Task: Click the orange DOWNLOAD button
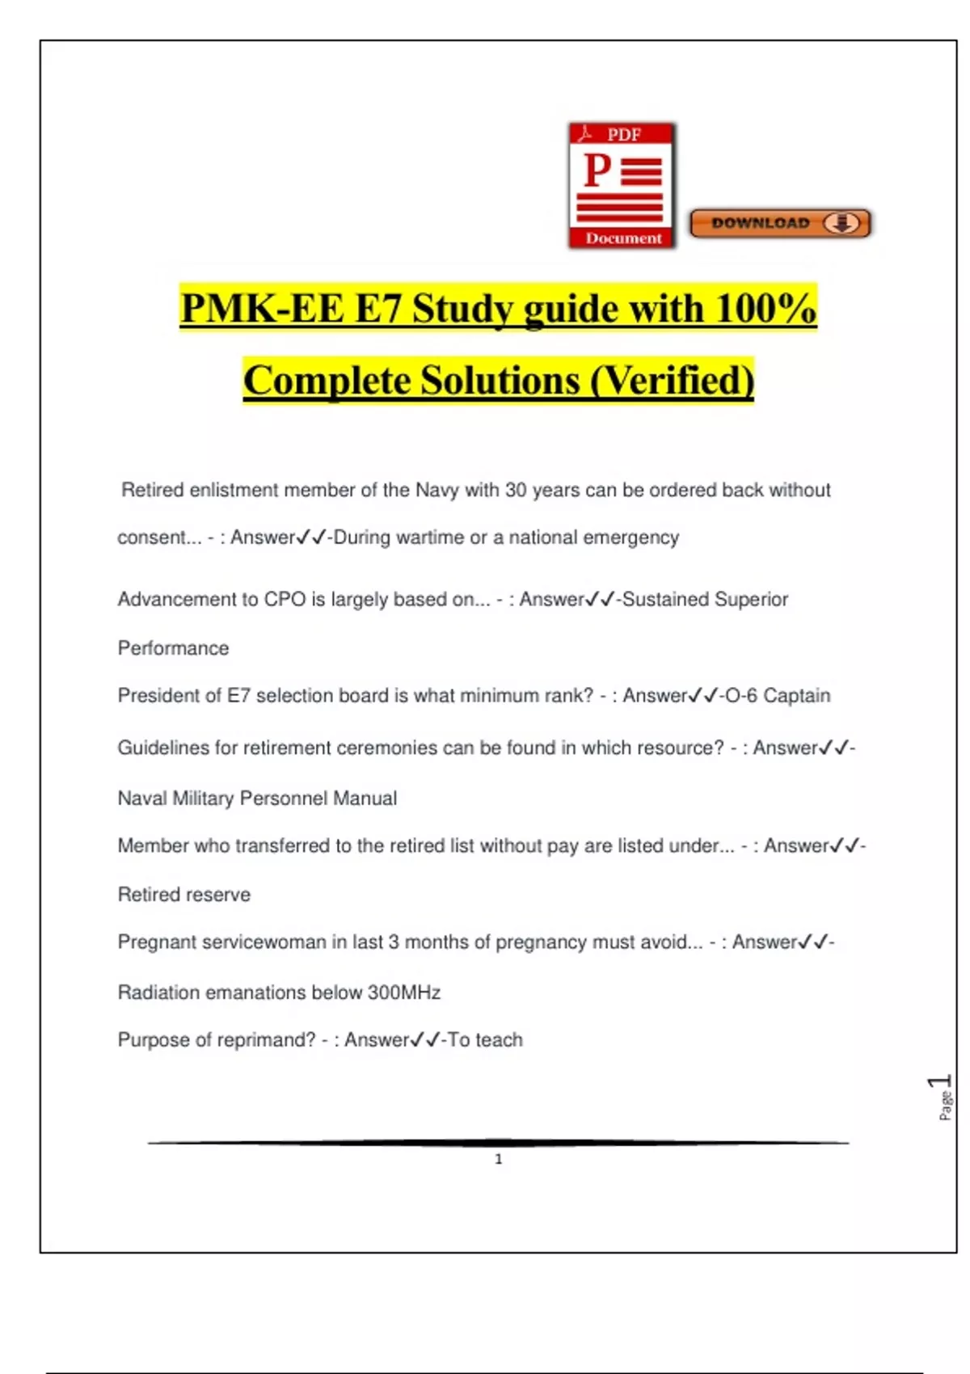click(780, 223)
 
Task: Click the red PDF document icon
click(622, 185)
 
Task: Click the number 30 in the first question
click(516, 490)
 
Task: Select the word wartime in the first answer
click(436, 537)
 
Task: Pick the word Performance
click(173, 648)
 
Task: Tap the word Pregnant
click(154, 942)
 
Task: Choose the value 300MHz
click(403, 993)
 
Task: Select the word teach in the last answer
click(499, 1040)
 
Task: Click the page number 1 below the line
click(498, 1159)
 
